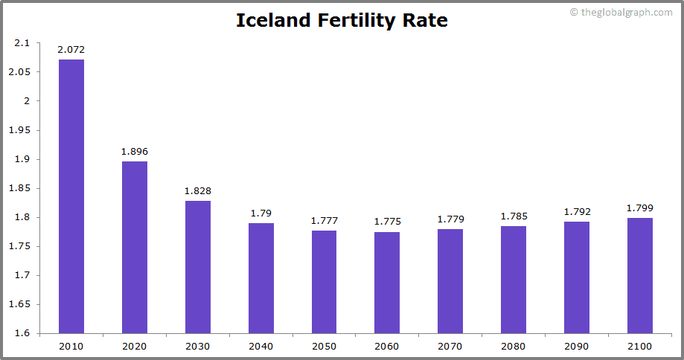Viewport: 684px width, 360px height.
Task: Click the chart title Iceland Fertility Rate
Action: point(342,21)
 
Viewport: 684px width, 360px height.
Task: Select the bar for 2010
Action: point(71,196)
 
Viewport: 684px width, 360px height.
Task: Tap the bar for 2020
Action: point(135,247)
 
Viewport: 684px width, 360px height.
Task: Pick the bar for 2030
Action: point(198,267)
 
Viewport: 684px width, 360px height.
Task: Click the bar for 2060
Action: point(387,283)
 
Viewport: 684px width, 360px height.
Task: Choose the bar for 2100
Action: point(639,275)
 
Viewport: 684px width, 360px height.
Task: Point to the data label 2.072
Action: point(71,50)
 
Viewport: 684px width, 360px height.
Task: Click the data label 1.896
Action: point(135,152)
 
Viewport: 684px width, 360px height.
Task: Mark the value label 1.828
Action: point(198,191)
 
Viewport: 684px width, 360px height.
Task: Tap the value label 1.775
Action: point(387,222)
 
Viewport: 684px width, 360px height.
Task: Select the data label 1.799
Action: point(639,208)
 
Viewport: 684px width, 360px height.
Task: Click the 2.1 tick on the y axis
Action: point(22,43)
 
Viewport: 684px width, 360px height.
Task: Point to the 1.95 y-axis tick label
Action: point(19,130)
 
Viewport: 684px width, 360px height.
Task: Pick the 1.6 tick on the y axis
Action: point(22,333)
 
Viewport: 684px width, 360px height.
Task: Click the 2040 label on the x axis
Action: point(261,347)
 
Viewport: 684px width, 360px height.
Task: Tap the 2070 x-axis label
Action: point(450,347)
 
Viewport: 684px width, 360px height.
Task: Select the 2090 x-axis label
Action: point(576,347)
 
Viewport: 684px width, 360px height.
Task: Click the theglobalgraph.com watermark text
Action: point(621,13)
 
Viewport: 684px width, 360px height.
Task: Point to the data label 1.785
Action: point(514,216)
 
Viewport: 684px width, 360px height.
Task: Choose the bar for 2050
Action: point(324,282)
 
